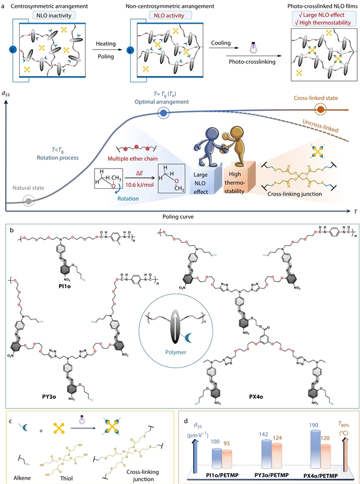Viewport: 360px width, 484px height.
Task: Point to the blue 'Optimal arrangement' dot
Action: [163, 113]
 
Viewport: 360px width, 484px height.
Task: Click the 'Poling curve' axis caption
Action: [180, 216]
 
